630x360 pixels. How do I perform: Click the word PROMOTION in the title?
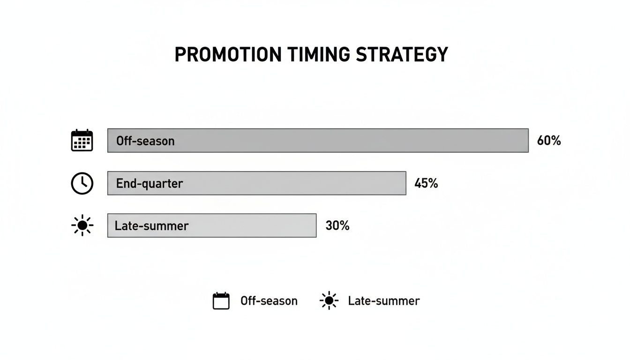click(228, 54)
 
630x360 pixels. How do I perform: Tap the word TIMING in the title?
click(319, 54)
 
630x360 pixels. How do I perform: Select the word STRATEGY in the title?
click(402, 54)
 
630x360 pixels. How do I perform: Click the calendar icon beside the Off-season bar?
click(82, 140)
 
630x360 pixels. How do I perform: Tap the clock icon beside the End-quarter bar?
click(82, 183)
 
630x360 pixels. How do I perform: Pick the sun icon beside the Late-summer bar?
click(82, 225)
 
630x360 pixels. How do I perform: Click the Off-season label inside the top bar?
click(145, 141)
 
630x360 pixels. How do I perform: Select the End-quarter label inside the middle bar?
click(150, 184)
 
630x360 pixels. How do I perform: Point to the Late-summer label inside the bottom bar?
click(151, 226)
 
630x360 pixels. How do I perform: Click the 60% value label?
click(549, 140)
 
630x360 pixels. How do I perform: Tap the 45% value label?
click(426, 183)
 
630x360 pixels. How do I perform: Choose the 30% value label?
click(337, 225)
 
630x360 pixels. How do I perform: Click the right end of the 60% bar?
click(528, 141)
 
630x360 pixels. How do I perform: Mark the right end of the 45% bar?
click(406, 183)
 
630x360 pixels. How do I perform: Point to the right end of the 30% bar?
click(316, 225)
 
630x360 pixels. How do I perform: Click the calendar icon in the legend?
click(221, 301)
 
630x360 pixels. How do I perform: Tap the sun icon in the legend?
click(329, 300)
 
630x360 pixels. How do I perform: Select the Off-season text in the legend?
click(269, 301)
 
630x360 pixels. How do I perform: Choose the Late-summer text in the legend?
click(383, 301)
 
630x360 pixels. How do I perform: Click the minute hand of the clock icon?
click(82, 180)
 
